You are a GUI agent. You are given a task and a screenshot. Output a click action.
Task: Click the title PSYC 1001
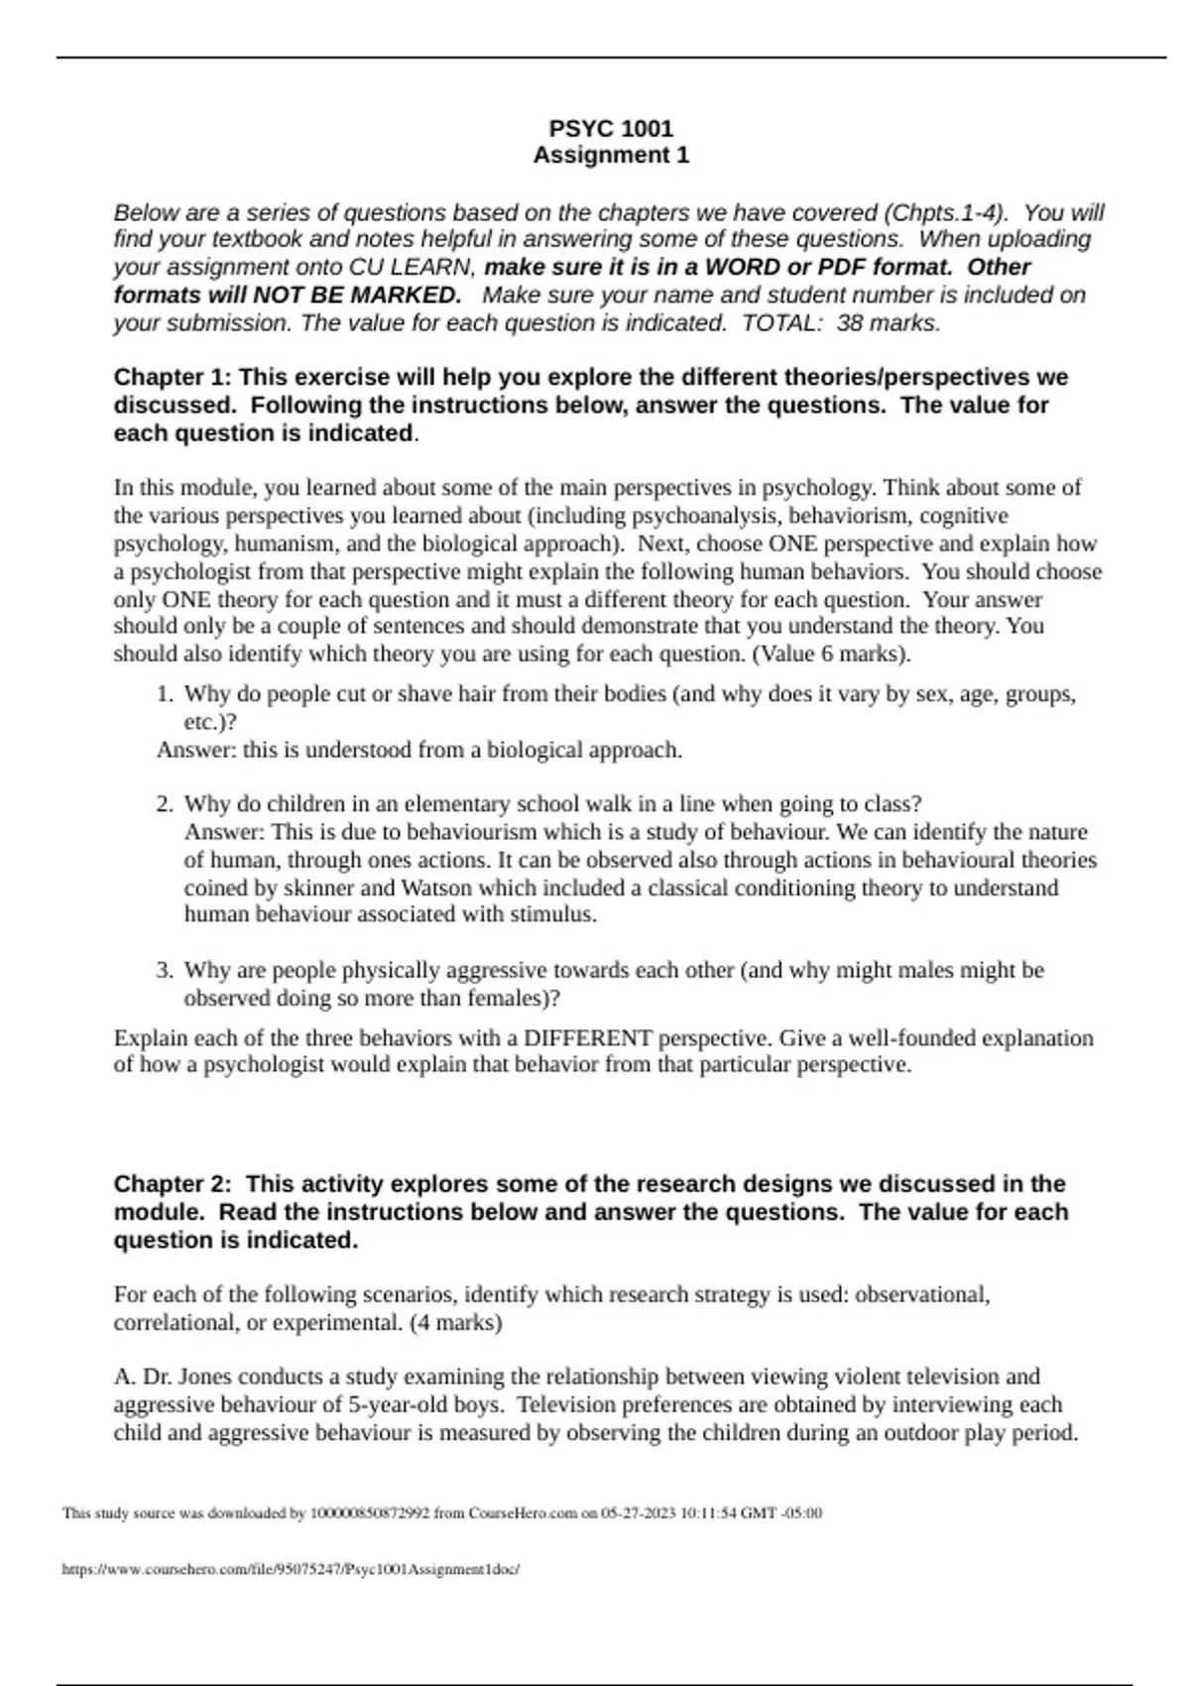(611, 128)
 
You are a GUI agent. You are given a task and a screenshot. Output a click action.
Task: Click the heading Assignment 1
(611, 156)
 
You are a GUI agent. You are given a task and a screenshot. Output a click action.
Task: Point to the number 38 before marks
(850, 323)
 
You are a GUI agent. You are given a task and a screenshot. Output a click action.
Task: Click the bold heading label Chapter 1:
(173, 378)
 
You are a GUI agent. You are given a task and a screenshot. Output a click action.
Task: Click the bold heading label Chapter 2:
(173, 1184)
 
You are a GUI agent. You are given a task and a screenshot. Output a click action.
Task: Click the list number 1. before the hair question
(166, 694)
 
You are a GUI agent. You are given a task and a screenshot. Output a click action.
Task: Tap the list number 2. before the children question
(166, 804)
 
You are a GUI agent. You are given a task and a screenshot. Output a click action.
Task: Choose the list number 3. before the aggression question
(166, 970)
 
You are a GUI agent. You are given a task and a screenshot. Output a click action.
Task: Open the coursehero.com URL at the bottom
(291, 1569)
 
